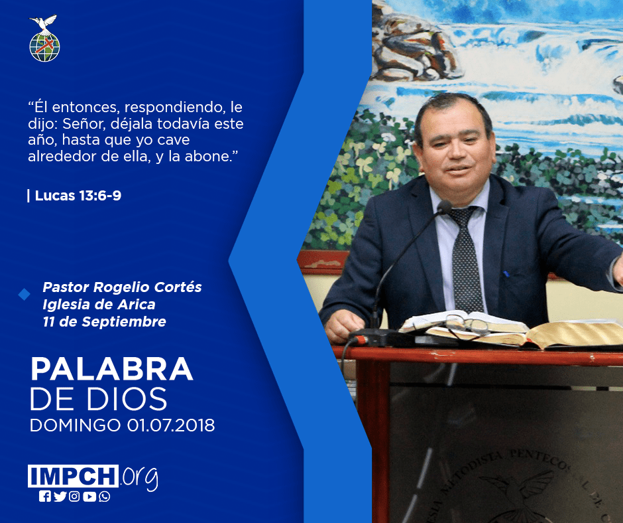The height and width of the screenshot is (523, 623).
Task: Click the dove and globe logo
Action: coord(44,38)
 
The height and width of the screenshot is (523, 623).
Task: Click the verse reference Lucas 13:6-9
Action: coord(78,195)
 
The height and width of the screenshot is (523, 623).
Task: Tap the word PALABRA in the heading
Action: coord(111,370)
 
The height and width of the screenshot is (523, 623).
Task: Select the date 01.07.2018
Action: coord(171,425)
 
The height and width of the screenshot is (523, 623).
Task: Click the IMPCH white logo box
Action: coord(73,476)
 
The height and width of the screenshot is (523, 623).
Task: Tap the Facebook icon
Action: coord(44,496)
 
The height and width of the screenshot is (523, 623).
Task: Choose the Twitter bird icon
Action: coord(60,496)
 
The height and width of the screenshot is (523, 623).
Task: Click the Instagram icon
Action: coord(74,496)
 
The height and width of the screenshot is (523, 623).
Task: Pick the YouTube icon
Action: coord(89,496)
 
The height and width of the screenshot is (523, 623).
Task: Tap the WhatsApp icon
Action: coord(105,496)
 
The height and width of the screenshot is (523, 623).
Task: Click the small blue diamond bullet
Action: coord(25,295)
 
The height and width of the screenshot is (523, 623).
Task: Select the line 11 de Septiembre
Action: coord(105,322)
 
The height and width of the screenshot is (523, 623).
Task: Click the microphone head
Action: coord(444,207)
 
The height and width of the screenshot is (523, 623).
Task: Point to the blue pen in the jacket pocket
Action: coord(506,274)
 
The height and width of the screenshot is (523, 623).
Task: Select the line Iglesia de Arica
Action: coord(99,305)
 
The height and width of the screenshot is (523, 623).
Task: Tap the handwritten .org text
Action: coord(139,478)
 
